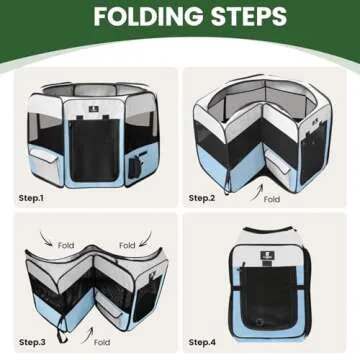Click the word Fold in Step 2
coord(272,199)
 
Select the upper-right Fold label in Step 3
coord(127,244)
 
